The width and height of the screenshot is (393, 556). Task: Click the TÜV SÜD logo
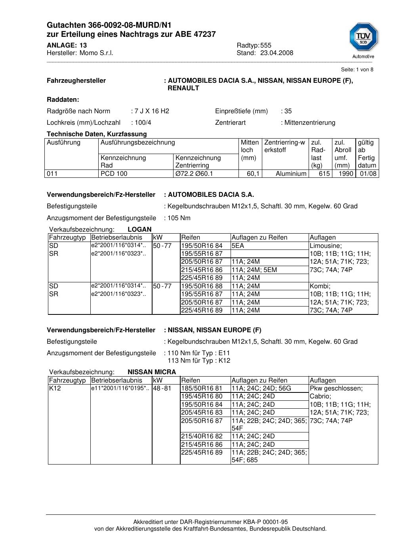pyautogui.click(x=363, y=39)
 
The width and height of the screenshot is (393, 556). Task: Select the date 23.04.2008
pyautogui.click(x=277, y=53)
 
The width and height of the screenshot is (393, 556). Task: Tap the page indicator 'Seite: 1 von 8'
pyautogui.click(x=357, y=70)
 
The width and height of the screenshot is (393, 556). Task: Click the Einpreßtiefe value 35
pyautogui.click(x=288, y=111)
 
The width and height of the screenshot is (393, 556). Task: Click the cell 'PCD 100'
pyautogui.click(x=114, y=174)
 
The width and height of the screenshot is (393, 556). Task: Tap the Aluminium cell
pyautogui.click(x=291, y=174)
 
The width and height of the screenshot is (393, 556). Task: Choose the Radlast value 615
pyautogui.click(x=324, y=174)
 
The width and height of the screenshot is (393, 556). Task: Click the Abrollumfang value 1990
pyautogui.click(x=345, y=174)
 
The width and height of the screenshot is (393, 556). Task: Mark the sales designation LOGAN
pyautogui.click(x=139, y=229)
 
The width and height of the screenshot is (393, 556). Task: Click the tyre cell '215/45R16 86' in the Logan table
pyautogui.click(x=202, y=270)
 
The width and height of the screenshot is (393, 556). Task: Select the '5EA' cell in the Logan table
pyautogui.click(x=238, y=246)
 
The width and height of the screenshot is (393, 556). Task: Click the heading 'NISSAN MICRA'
pyautogui.click(x=152, y=372)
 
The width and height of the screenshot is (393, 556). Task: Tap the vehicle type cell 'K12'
pyautogui.click(x=54, y=388)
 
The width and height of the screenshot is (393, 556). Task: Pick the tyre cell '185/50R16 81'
pyautogui.click(x=202, y=388)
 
